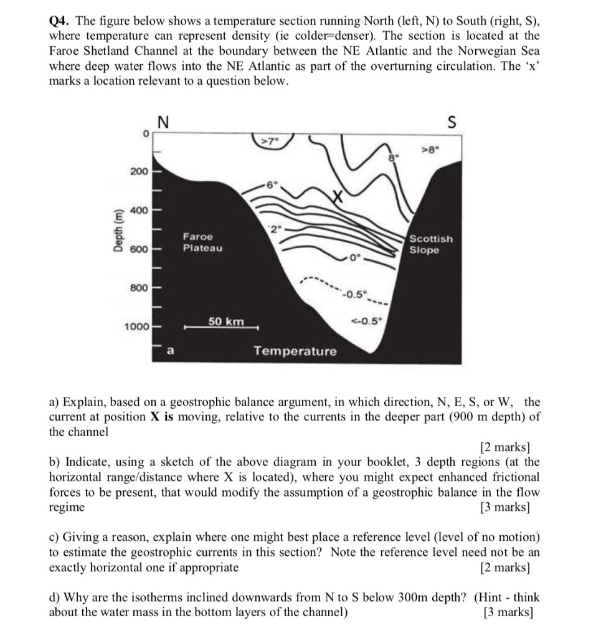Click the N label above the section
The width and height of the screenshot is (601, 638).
(x=163, y=123)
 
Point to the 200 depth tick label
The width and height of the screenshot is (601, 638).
(x=138, y=171)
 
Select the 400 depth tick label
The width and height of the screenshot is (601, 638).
(x=138, y=210)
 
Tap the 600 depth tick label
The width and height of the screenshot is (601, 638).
(x=138, y=249)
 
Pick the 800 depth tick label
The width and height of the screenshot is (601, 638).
(x=138, y=288)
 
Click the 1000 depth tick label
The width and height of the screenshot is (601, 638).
(x=135, y=327)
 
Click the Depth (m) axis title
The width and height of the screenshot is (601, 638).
(x=116, y=231)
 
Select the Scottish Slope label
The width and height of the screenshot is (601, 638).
(x=431, y=244)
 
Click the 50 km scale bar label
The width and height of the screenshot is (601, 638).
(x=225, y=321)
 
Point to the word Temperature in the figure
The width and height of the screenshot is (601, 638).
(x=295, y=351)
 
